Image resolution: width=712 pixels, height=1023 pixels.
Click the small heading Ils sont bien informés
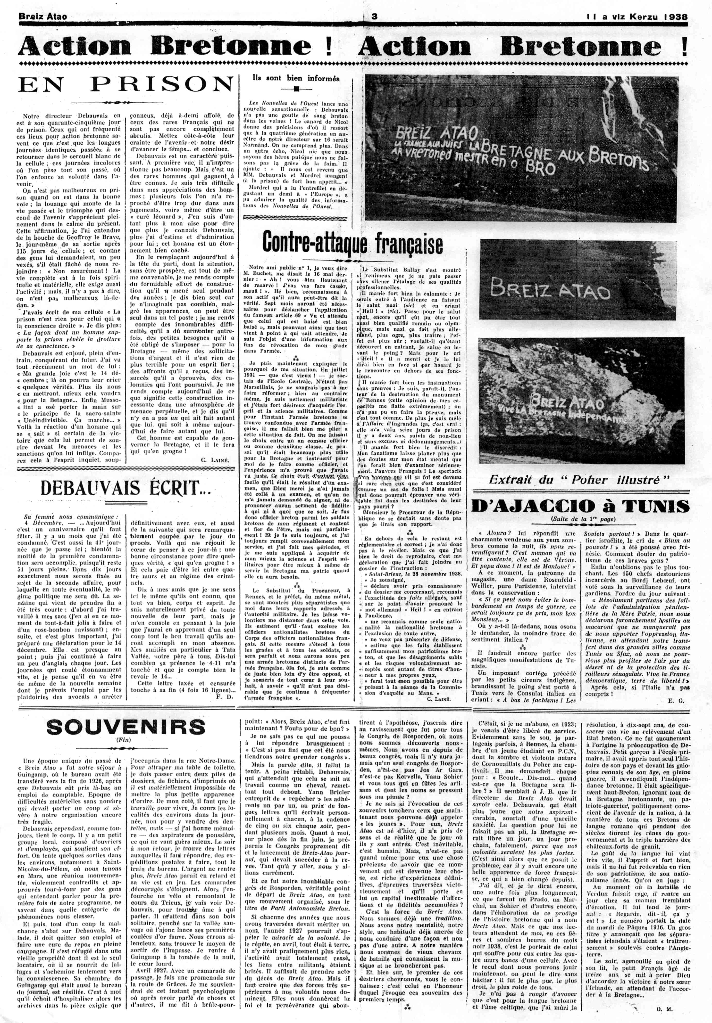click(x=296, y=78)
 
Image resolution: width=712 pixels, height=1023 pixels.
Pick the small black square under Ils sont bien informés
click(x=296, y=89)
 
